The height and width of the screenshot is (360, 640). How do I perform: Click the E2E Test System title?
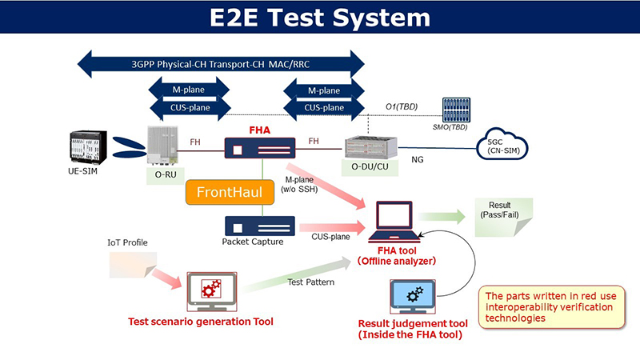[320, 17]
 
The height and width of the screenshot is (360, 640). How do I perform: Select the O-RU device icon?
[162, 145]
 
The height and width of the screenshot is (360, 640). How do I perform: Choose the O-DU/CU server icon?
[370, 147]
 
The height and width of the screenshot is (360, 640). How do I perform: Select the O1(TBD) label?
[401, 106]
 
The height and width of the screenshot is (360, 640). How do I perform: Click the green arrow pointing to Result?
[442, 216]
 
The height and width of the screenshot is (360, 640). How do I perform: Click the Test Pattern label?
[311, 281]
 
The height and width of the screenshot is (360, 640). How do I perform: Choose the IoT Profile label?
[128, 242]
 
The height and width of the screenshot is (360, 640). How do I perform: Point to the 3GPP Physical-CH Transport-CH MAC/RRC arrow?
[221, 62]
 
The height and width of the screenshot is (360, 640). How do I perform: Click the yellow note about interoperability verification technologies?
[552, 307]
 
